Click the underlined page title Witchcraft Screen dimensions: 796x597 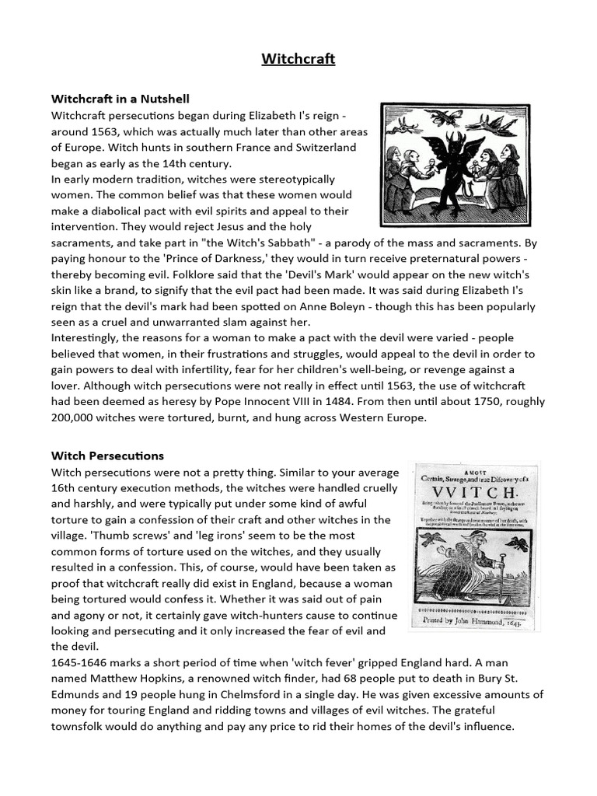[x=298, y=59]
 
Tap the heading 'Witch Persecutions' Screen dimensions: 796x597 [x=107, y=456]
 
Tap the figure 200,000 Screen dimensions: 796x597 [x=78, y=417]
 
